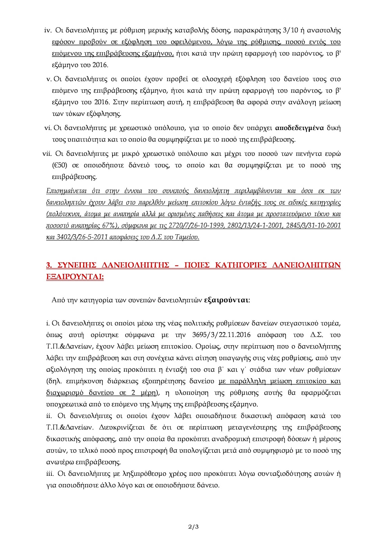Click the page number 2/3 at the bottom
(x=193, y=527)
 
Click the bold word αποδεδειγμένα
(x=299, y=128)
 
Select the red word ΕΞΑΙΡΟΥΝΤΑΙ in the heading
(x=74, y=277)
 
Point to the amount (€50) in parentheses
(x=60, y=165)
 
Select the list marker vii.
(x=47, y=154)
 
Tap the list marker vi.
(x=48, y=128)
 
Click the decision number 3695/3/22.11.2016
(x=221, y=335)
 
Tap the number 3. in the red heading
(x=49, y=265)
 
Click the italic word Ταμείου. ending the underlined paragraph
(x=187, y=237)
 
